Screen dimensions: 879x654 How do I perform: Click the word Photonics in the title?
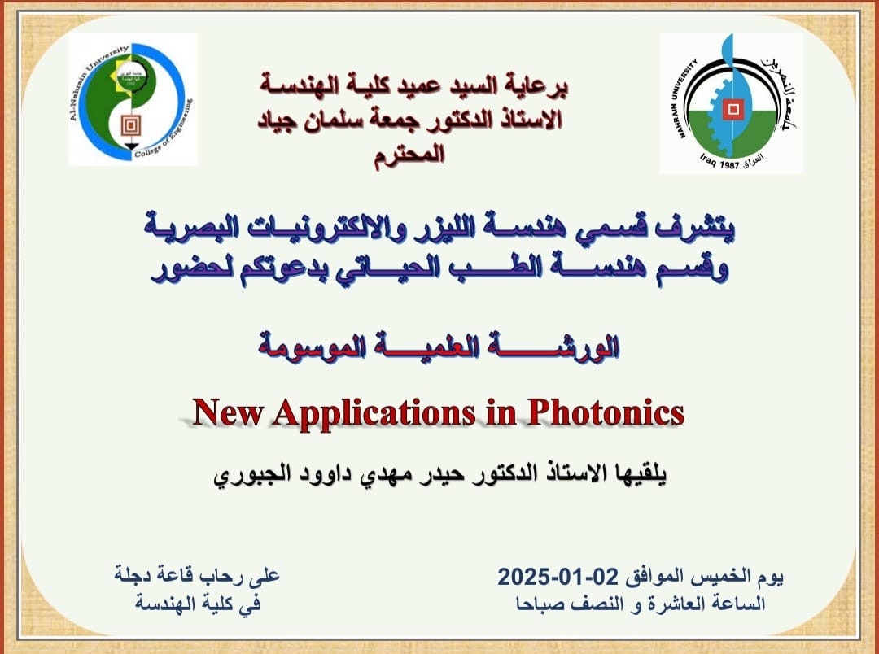tap(606, 413)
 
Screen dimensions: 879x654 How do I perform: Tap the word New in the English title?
tap(228, 412)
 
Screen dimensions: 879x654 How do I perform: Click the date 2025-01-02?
tap(558, 576)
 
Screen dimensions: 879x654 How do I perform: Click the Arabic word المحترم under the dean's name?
tap(409, 154)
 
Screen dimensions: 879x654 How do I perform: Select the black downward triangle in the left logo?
tap(130, 147)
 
